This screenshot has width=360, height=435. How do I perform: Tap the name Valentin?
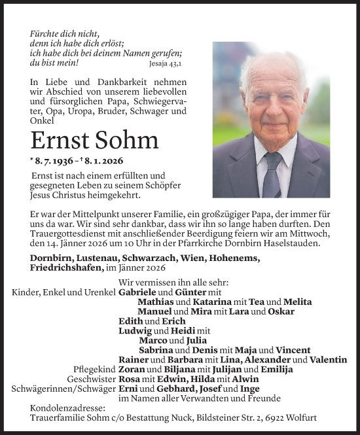point(329,360)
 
